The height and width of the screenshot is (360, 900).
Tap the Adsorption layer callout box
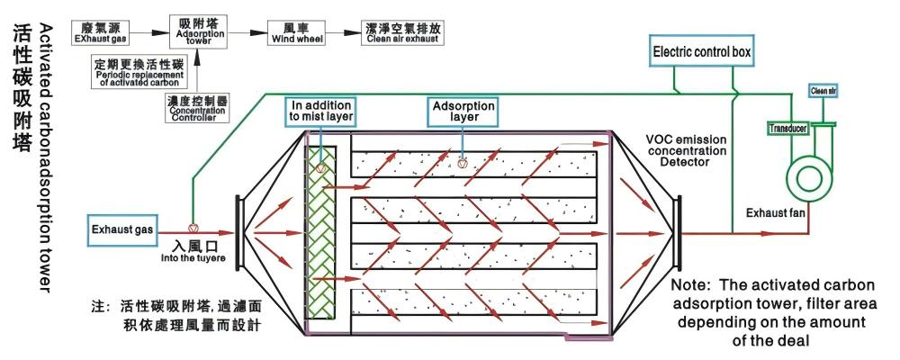click(x=463, y=111)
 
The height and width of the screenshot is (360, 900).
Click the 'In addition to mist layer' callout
click(x=320, y=111)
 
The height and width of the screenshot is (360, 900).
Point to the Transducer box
click(x=787, y=128)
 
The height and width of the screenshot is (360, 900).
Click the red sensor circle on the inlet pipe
click(x=192, y=228)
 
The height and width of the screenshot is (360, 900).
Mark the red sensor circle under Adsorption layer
click(x=462, y=164)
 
